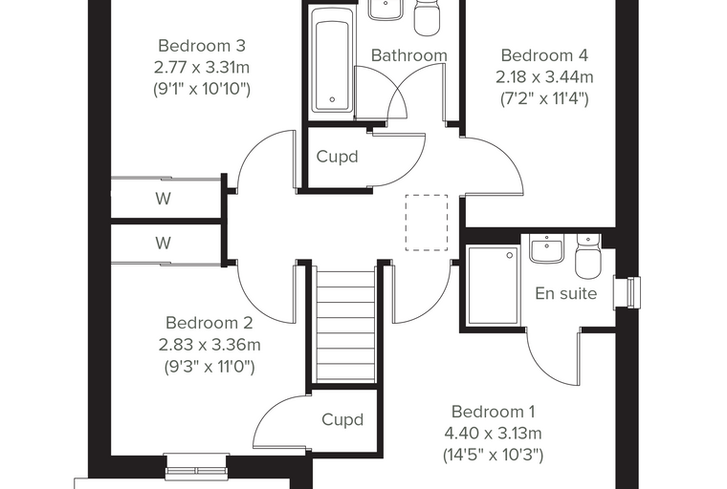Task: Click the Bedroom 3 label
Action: (202, 46)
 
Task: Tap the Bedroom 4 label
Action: (544, 55)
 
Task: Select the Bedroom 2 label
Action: (209, 323)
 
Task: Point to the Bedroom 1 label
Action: (493, 412)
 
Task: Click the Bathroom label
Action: (409, 55)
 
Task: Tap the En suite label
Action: (565, 293)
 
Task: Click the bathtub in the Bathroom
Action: (332, 59)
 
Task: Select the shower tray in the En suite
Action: (493, 285)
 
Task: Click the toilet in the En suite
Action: (588, 256)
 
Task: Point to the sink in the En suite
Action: (546, 248)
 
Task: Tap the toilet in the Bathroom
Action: (427, 16)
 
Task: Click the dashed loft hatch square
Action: (427, 223)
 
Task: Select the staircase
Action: (345, 327)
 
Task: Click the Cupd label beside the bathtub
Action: (337, 157)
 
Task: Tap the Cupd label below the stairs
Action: (342, 419)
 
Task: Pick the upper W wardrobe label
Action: (164, 199)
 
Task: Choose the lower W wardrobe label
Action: (164, 243)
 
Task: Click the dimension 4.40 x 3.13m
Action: (493, 434)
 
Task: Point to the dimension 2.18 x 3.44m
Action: (544, 76)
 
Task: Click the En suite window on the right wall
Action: (627, 292)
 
